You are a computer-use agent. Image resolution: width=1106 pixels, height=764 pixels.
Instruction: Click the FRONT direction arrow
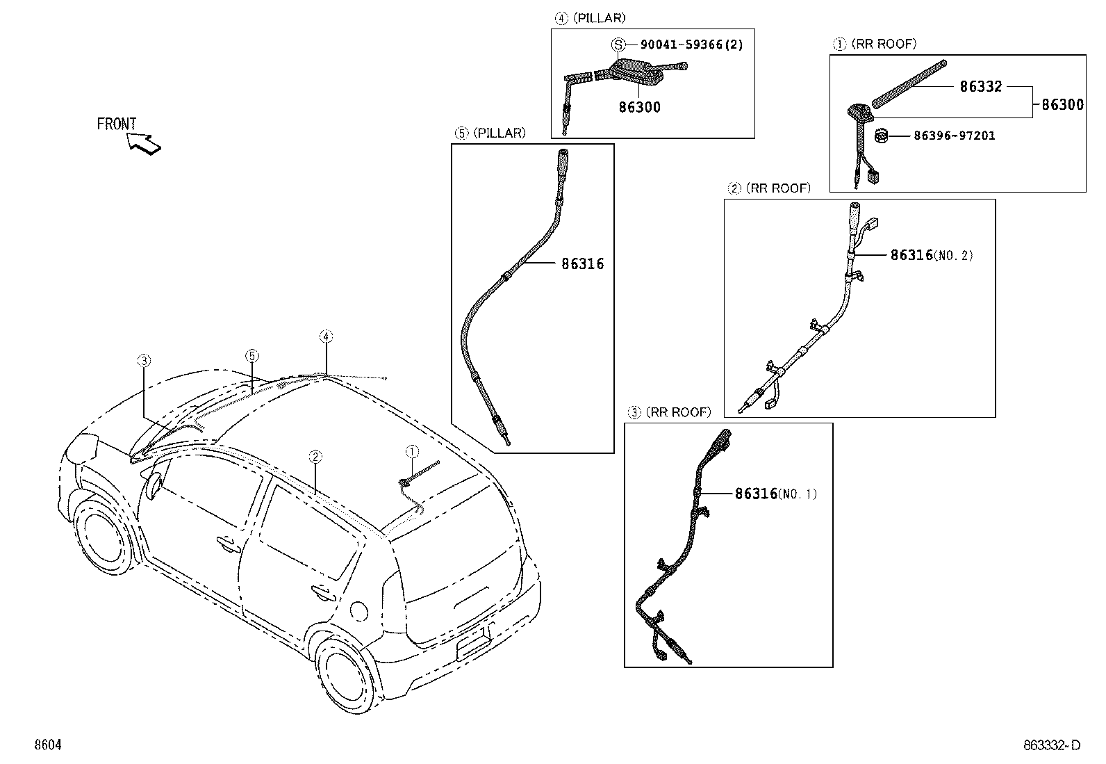click(x=145, y=143)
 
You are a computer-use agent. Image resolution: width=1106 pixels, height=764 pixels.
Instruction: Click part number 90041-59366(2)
click(x=691, y=44)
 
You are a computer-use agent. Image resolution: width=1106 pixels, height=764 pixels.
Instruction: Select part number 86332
click(x=980, y=87)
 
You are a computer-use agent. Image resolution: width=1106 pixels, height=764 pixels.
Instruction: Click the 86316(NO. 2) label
click(x=931, y=255)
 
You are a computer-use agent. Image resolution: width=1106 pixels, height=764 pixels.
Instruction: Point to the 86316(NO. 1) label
click(x=775, y=494)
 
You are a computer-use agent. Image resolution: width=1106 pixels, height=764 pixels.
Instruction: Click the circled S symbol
click(x=617, y=44)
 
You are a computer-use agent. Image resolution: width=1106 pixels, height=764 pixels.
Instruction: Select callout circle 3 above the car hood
click(x=143, y=360)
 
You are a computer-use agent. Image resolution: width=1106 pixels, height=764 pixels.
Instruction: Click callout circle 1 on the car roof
click(x=411, y=452)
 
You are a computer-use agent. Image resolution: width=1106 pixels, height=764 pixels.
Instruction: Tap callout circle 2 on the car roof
click(x=315, y=456)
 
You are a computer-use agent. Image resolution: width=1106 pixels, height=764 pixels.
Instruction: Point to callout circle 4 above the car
click(x=326, y=336)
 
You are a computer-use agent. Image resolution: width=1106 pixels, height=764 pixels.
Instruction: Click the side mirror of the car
click(x=152, y=485)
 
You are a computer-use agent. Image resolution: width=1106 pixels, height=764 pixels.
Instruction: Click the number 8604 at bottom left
click(x=48, y=745)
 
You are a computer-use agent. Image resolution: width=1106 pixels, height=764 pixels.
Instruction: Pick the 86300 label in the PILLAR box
click(x=640, y=107)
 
